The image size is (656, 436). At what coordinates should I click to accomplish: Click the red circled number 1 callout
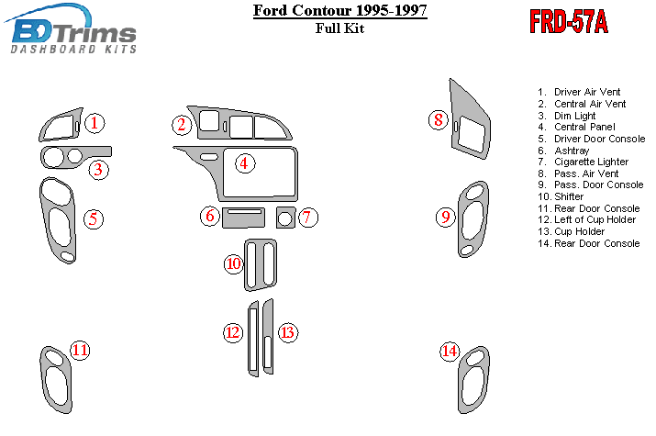[x=95, y=123]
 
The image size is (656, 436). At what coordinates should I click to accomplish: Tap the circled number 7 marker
[x=307, y=218]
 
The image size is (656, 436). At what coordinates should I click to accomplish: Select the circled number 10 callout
[x=234, y=263]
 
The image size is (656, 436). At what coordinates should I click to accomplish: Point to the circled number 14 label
[x=450, y=351]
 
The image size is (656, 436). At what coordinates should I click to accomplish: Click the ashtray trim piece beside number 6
[x=243, y=218]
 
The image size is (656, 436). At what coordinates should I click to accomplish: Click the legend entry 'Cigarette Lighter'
[x=583, y=162]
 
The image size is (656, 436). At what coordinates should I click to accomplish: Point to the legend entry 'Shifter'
[x=561, y=196]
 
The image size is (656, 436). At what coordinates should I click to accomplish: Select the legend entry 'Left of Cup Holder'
[x=586, y=219]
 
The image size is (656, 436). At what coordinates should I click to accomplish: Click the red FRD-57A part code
[x=569, y=21]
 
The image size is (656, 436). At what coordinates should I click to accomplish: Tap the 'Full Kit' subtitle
[x=339, y=28]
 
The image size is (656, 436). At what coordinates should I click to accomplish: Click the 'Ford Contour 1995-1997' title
[x=340, y=10]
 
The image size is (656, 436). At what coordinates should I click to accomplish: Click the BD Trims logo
[x=72, y=29]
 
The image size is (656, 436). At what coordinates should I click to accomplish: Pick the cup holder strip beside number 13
[x=268, y=336]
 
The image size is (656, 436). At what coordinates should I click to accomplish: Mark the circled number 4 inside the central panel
[x=244, y=163]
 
